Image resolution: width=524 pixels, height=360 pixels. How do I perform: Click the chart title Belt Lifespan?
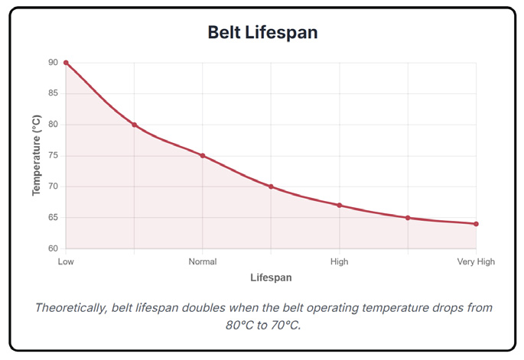(262, 33)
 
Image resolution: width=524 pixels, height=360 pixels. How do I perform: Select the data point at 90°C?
(66, 63)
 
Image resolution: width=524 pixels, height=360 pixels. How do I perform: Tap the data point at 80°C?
(135, 125)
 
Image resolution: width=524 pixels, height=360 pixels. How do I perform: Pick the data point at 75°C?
(203, 156)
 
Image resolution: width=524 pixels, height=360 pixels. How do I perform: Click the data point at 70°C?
(271, 186)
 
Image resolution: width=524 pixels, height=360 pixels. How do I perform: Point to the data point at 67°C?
(340, 206)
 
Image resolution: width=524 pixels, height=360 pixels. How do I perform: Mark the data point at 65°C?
(408, 218)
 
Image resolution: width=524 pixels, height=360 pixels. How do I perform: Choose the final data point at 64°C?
(476, 224)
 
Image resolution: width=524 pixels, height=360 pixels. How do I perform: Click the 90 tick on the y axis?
(53, 63)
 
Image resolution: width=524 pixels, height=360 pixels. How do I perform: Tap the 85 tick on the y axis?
(53, 94)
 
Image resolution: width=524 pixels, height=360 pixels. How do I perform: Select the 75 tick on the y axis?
(53, 156)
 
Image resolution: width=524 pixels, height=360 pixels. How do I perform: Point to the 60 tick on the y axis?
(53, 249)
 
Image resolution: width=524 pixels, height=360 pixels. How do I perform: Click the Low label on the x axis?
(66, 261)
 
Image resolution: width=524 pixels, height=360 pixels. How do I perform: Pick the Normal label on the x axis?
(203, 261)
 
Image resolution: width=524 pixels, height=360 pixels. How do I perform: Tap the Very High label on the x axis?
(476, 261)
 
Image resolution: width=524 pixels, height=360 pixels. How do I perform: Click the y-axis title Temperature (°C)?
(36, 156)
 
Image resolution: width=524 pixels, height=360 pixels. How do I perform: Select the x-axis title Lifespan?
(271, 277)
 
